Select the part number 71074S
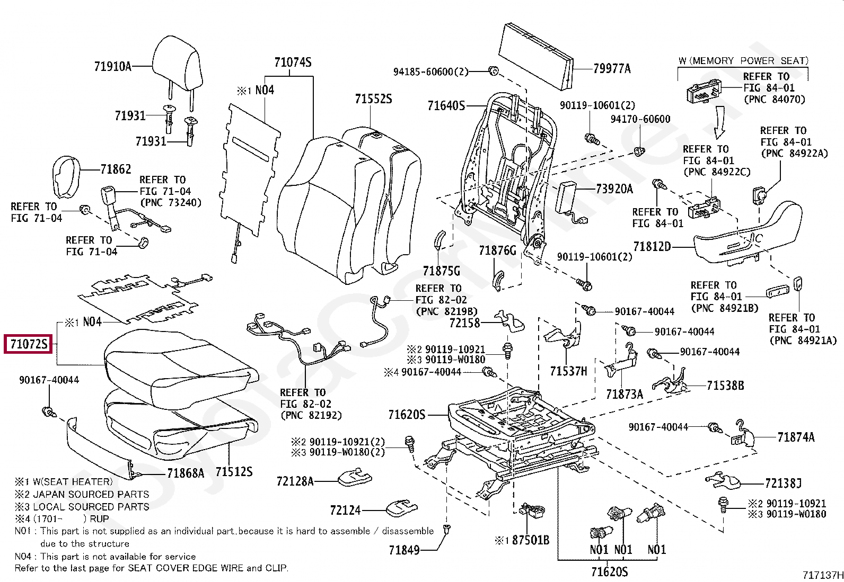[293, 63]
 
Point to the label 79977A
[612, 69]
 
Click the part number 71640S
[446, 106]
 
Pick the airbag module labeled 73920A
[566, 196]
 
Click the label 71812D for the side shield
[652, 247]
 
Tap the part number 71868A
[185, 473]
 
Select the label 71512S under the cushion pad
[234, 471]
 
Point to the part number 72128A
[295, 481]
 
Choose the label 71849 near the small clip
[404, 550]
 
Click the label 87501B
[530, 541]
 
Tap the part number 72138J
[783, 483]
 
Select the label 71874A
[796, 437]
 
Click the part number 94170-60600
[640, 120]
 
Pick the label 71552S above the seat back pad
[373, 99]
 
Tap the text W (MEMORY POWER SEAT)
[743, 61]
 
